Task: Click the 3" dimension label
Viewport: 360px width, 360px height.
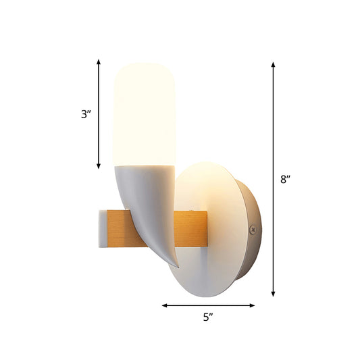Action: (x=86, y=114)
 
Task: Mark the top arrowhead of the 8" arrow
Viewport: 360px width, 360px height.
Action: (x=273, y=65)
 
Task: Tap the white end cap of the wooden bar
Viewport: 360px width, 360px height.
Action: (x=101, y=228)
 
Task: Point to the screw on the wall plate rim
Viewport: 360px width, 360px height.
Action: (x=253, y=230)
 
